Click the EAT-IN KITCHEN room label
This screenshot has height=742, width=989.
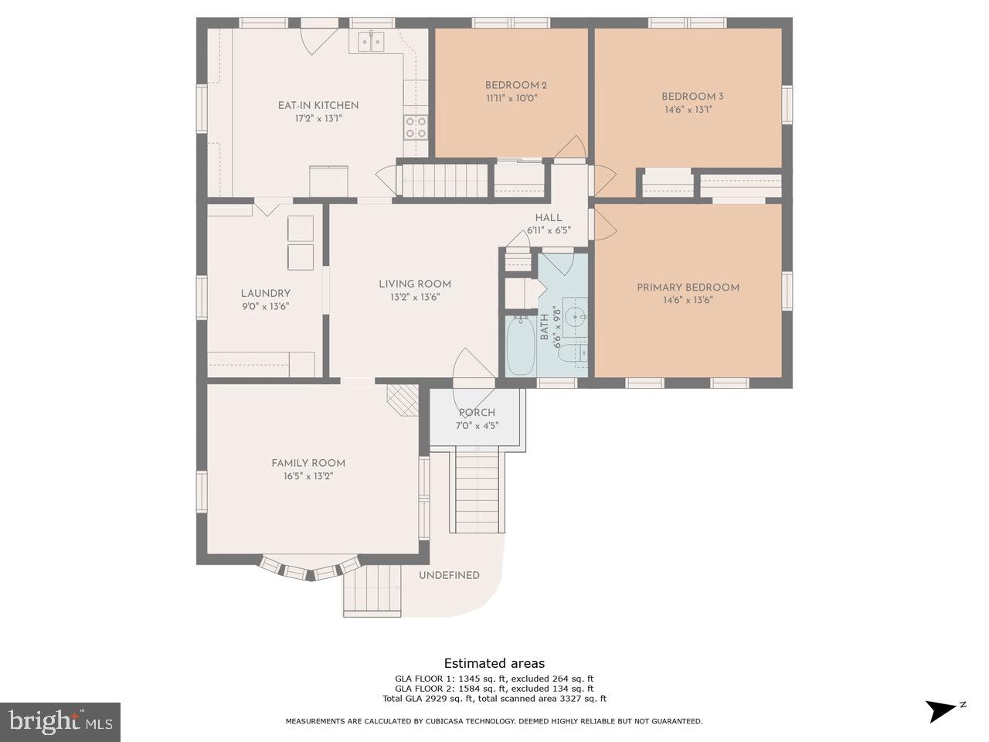(318, 105)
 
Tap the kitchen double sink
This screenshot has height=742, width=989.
(372, 42)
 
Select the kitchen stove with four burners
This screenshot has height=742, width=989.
(416, 127)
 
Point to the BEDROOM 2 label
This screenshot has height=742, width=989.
(516, 85)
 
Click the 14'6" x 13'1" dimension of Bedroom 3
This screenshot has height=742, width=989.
(688, 110)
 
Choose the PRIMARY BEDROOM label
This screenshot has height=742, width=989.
(688, 288)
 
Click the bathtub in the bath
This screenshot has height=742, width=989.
(522, 345)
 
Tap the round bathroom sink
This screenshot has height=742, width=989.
(576, 318)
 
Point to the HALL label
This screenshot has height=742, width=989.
(549, 218)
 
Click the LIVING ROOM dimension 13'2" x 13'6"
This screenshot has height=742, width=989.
(415, 298)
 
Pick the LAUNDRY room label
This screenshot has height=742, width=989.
(265, 294)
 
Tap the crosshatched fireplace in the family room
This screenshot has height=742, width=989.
(403, 400)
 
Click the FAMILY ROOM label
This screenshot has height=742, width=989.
(308, 463)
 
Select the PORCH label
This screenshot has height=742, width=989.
(477, 413)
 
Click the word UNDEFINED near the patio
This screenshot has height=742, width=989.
(449, 575)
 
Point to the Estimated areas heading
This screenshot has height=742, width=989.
(494, 663)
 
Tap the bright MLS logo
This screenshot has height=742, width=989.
(60, 722)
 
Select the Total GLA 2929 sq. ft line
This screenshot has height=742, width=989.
(494, 699)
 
